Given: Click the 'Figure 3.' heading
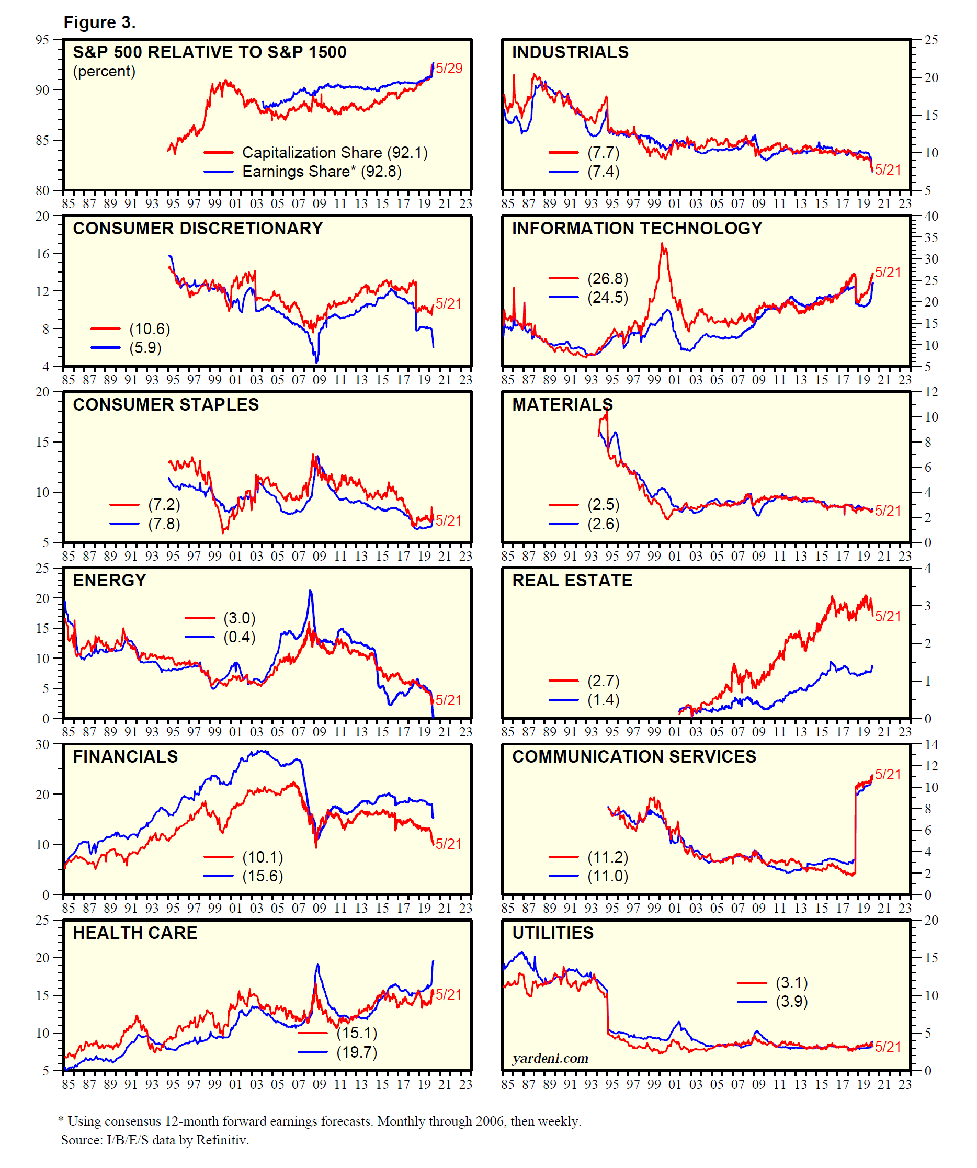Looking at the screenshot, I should coord(99,22).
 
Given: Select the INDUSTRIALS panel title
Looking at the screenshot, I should coord(570,52).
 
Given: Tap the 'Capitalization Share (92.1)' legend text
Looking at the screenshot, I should coord(335,152).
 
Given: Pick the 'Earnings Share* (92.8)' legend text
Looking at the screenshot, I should coord(322,172).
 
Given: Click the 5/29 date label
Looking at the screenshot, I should coord(449,69).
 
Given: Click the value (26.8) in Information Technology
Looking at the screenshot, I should coord(608,278).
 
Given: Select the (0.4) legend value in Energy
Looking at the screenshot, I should coord(240,637).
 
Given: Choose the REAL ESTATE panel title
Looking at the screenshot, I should coord(572,580).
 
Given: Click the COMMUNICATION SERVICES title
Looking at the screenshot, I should coord(634,756).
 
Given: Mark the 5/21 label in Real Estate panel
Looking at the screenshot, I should coord(888,616).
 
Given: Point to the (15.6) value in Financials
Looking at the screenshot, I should coord(263,876).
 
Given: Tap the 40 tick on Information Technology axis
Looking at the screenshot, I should coord(931,216).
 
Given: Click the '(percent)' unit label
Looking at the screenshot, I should coord(104,71).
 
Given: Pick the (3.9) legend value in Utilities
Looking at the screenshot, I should coord(792,1001).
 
